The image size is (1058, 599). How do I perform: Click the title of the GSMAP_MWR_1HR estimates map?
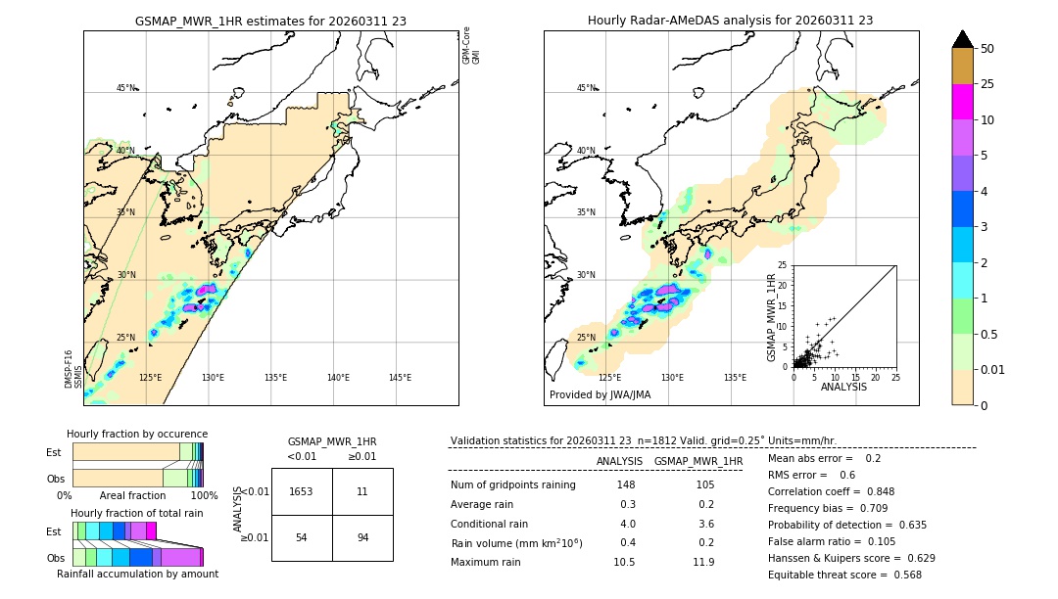point(270,21)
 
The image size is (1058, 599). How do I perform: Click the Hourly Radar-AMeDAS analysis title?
point(730,21)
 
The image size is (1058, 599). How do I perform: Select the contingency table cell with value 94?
point(362,537)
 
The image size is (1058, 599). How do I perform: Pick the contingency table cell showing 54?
point(302,537)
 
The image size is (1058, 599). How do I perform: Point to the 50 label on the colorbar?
point(987,49)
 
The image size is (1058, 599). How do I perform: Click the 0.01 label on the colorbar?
point(993,369)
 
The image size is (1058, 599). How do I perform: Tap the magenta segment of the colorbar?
point(962,102)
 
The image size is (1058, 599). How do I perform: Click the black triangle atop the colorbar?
point(962,39)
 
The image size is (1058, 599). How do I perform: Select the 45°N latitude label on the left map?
point(125,88)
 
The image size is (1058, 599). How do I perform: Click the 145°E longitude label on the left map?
point(400,378)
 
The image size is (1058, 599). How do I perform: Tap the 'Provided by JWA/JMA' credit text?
point(600,395)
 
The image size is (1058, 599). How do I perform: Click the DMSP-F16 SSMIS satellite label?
point(70,369)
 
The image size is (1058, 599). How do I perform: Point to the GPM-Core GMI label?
point(471,45)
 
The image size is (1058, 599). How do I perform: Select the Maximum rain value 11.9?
point(703,562)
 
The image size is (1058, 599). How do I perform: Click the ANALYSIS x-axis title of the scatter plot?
point(843,387)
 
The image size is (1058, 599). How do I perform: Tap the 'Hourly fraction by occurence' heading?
point(137,434)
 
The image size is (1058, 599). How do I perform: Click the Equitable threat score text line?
point(844,575)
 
